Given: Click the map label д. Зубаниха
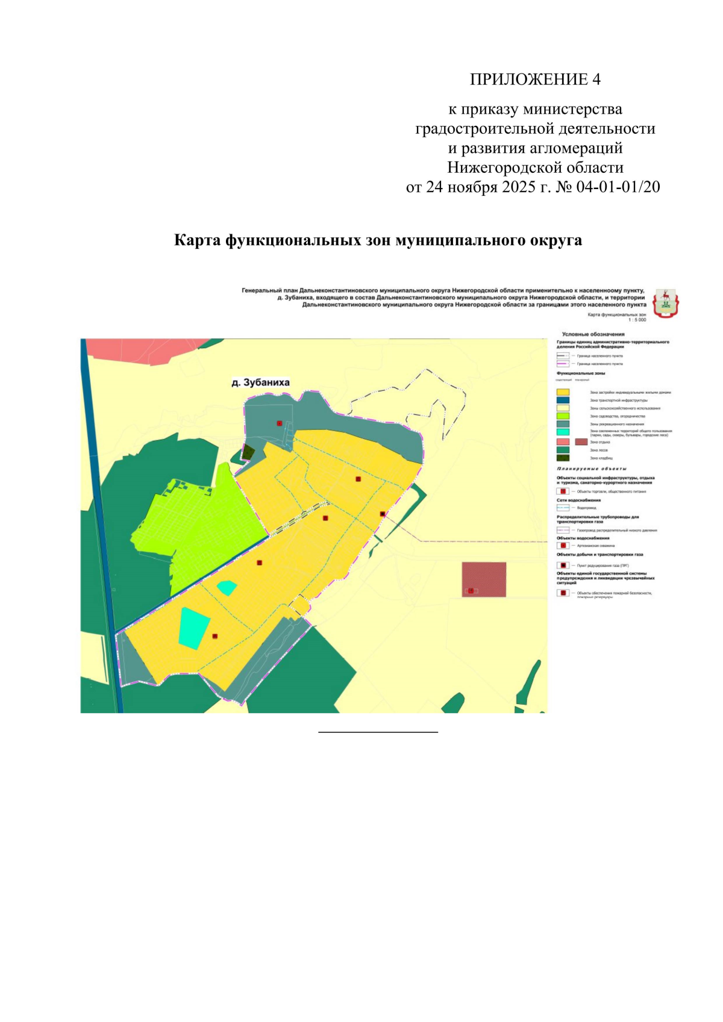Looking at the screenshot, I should click(260, 382).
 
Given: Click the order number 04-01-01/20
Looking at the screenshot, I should click(618, 187).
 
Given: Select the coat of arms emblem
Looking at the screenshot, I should click(665, 302).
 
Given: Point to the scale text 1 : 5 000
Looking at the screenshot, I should click(637, 320).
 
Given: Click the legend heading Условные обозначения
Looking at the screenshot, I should click(593, 334).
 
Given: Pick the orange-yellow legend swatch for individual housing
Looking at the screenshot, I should click(563, 392).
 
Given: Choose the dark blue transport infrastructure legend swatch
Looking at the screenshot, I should click(563, 400).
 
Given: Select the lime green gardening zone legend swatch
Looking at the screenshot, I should click(563, 416).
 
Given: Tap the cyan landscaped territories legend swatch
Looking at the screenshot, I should click(563, 432).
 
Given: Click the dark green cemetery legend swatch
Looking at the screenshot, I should click(563, 458).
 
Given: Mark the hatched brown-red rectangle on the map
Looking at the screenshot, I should click(484, 579).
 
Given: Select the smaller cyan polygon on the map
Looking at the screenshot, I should click(227, 587).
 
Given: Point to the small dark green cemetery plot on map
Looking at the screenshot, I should click(248, 452).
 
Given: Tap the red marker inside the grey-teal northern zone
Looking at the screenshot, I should click(280, 423).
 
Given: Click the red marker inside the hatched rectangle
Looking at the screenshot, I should click(471, 591).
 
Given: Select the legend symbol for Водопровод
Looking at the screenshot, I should click(563, 508).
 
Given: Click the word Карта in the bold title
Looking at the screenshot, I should click(197, 240).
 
